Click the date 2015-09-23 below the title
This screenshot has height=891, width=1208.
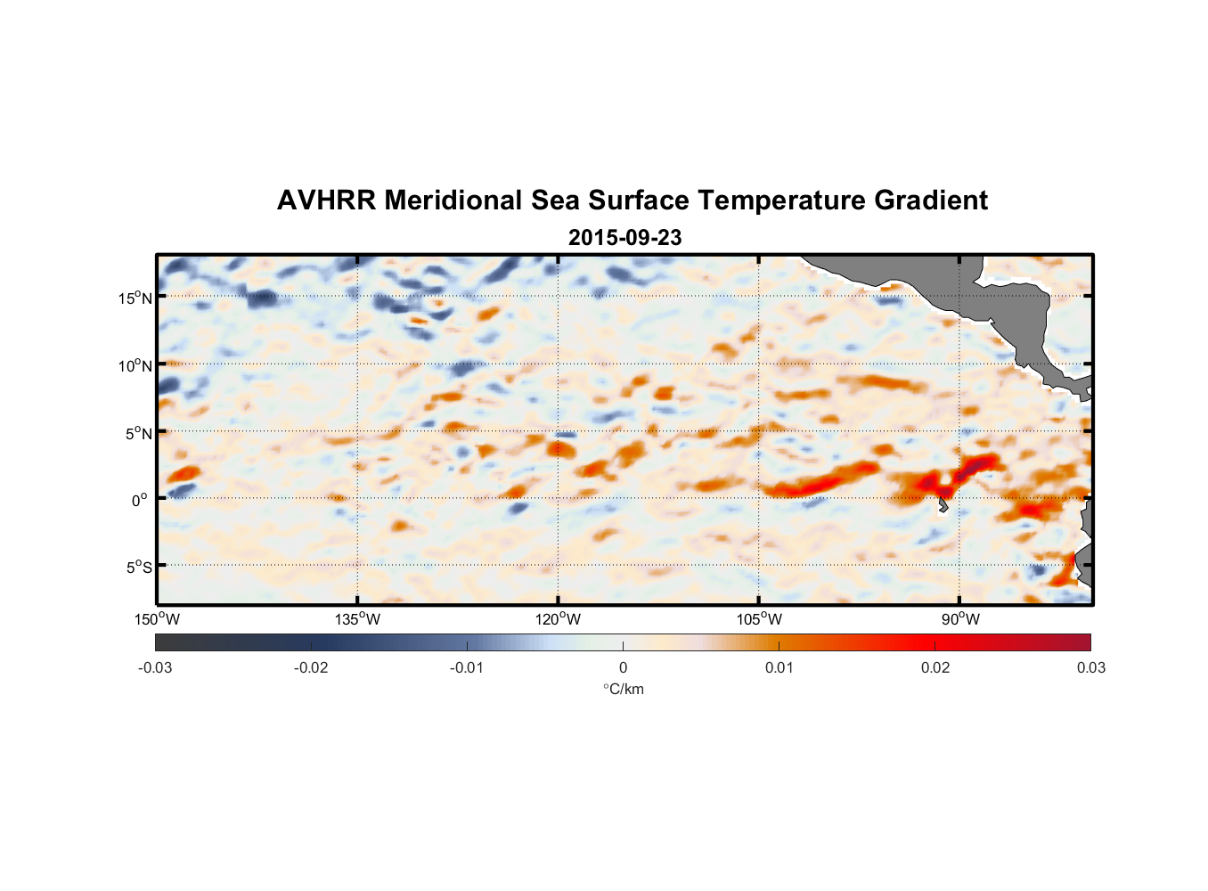pos(624,238)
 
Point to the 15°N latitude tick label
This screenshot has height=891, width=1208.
pos(135,298)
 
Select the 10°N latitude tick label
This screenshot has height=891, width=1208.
pos(135,365)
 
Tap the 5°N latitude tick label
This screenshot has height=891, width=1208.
pos(138,433)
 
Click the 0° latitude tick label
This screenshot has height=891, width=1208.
pos(140,500)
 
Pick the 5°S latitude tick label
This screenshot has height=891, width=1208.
pos(138,567)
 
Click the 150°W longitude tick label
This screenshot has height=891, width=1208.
pos(157,620)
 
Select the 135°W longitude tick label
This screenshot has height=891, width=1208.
pos(357,620)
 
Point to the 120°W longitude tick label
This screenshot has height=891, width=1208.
pos(558,620)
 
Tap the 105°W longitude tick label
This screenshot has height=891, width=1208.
pos(759,620)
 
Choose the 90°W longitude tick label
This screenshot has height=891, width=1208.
pos(960,620)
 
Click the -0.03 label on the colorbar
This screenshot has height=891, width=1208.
pos(155,668)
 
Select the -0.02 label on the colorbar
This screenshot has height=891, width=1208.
pos(311,668)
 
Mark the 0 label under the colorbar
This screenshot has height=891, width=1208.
pos(623,668)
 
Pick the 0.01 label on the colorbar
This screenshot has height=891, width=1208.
pos(779,668)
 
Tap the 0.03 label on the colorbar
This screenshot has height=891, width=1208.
pos(1090,668)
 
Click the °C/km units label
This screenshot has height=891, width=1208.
pos(623,689)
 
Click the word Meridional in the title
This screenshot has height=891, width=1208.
pos(453,200)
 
